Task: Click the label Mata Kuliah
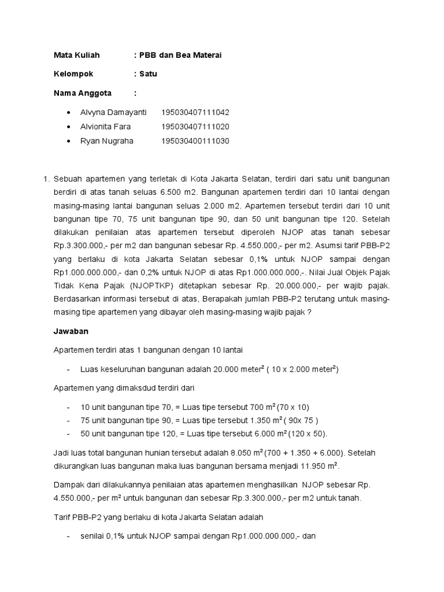tap(76, 55)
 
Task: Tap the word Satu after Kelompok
tap(148, 74)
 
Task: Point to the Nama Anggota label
tap(83, 93)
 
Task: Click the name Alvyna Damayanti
tap(113, 112)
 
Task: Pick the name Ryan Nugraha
tap(106, 141)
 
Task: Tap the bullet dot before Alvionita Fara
tap(69, 127)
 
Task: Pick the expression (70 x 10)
tap(293, 407)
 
